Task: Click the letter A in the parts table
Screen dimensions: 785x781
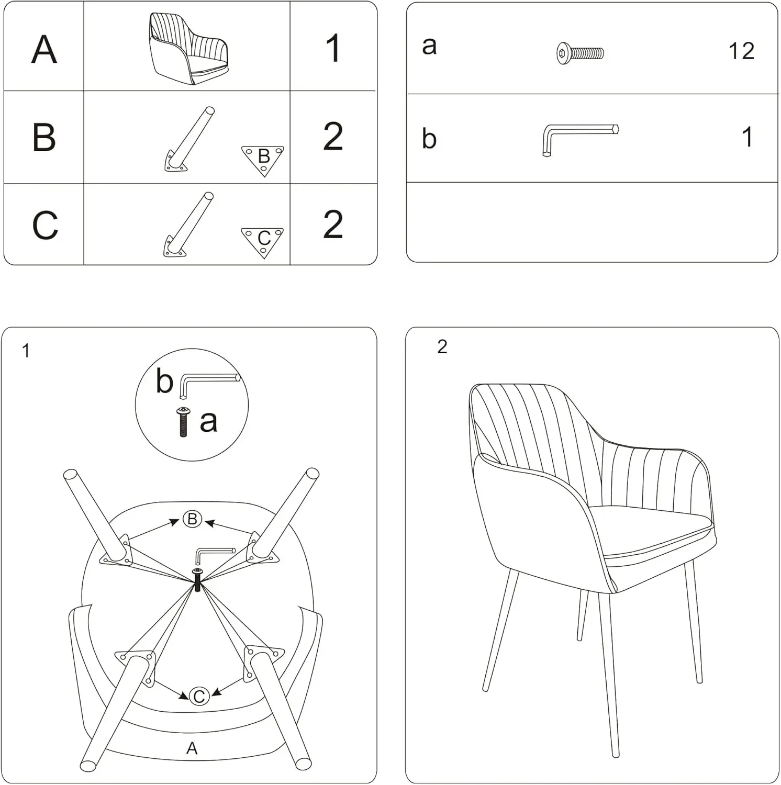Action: tap(44, 49)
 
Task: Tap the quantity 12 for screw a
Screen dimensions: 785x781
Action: tap(741, 51)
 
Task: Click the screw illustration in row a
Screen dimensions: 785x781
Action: tap(579, 53)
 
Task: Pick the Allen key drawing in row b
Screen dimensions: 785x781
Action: tap(578, 138)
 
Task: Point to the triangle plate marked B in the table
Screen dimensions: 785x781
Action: tap(263, 159)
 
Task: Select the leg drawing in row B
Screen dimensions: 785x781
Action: tap(189, 139)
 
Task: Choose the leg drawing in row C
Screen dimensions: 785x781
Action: tap(188, 225)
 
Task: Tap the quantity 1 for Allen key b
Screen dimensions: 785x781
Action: tap(747, 137)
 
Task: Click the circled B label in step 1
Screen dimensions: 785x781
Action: tap(192, 519)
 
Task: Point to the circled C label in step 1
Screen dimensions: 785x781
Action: tap(199, 697)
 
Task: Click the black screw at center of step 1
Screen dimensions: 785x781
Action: tap(197, 580)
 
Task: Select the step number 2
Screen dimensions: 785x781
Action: tap(442, 347)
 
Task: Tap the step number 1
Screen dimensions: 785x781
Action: tap(26, 351)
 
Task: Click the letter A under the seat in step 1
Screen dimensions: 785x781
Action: tap(192, 748)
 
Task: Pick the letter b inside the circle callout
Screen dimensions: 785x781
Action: tap(164, 381)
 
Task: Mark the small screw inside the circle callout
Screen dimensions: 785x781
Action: tap(183, 422)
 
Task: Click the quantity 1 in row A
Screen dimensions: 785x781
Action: tap(333, 48)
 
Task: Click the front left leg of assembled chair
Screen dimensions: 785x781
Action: tap(500, 633)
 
